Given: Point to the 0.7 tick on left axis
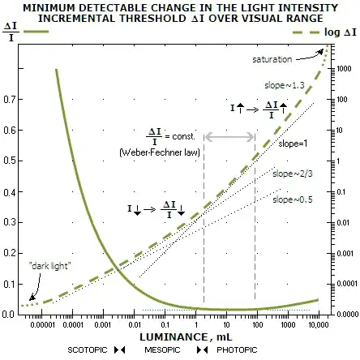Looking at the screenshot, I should tap(10, 99).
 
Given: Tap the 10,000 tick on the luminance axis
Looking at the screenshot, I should tap(319, 323).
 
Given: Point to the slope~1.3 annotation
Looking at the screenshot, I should tap(284, 84).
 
